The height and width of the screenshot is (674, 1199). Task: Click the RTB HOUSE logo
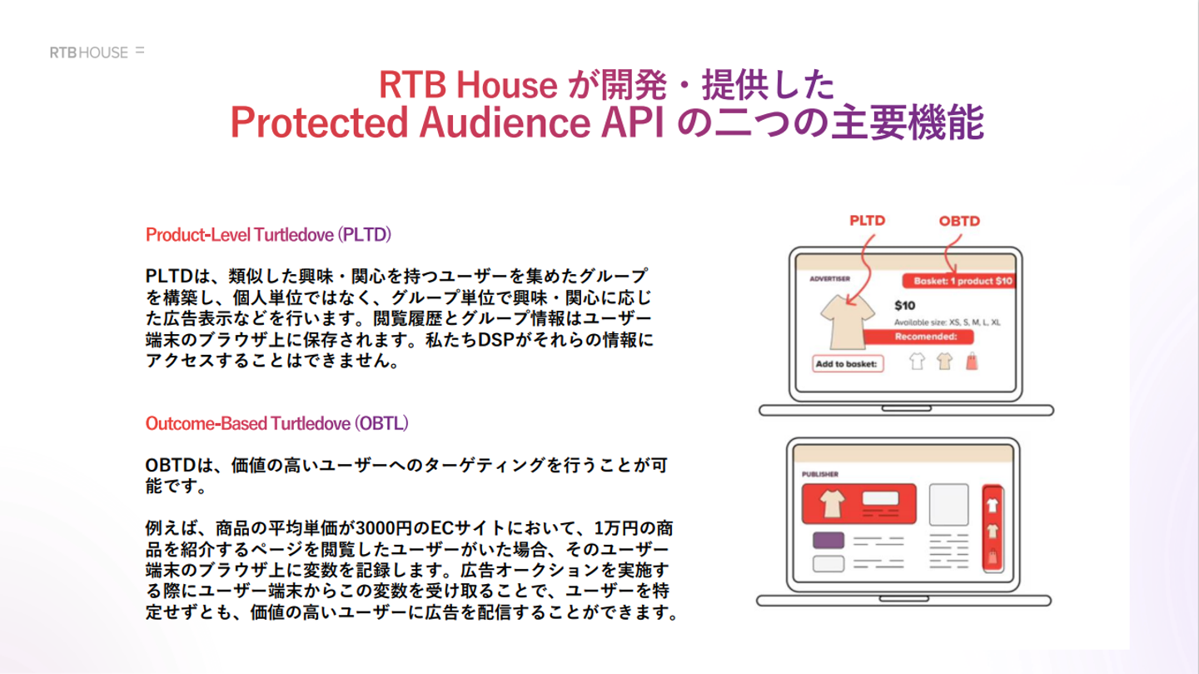[97, 52]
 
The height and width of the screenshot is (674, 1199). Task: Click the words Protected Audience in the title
[410, 122]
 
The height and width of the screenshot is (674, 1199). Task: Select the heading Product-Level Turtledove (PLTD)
[268, 235]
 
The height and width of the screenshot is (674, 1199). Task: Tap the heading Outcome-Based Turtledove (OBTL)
[276, 423]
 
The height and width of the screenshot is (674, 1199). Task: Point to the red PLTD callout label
[867, 221]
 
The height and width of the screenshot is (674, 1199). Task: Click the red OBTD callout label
[959, 222]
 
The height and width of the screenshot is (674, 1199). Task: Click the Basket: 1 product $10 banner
[958, 281]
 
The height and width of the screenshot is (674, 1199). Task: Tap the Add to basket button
[848, 364]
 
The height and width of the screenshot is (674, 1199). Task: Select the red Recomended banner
[918, 337]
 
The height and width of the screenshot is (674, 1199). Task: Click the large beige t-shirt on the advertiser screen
[848, 322]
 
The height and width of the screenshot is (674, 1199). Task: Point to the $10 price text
[904, 306]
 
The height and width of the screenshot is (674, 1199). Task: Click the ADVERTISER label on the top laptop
[829, 278]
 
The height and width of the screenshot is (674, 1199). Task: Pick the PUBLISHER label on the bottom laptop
[820, 474]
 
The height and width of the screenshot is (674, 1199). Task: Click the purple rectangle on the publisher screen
[828, 540]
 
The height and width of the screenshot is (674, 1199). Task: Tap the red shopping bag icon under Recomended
[972, 362]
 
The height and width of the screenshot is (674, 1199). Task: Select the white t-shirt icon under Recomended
[917, 361]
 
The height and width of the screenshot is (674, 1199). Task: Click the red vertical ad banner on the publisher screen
[993, 528]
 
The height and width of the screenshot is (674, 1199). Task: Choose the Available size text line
[947, 322]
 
